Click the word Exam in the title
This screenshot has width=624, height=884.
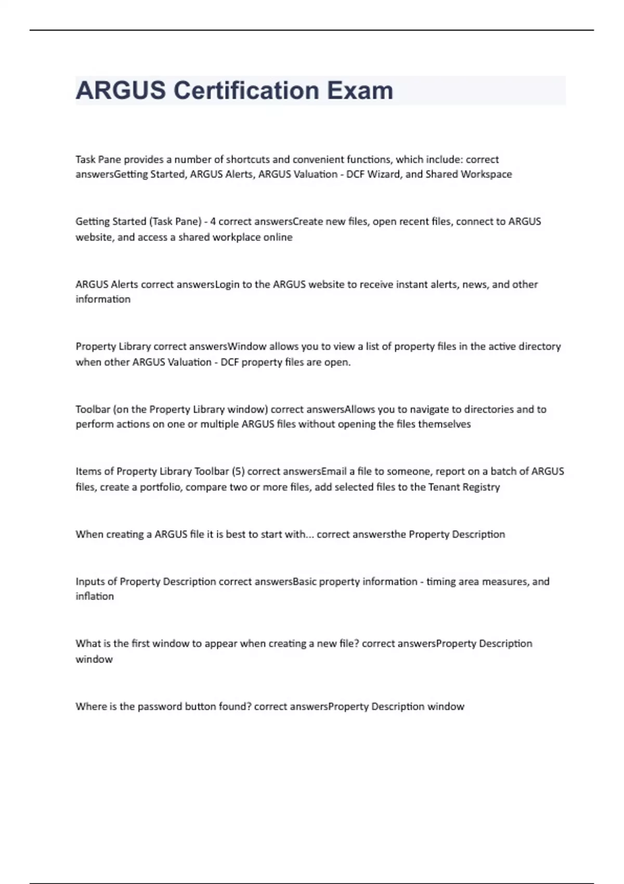[360, 90]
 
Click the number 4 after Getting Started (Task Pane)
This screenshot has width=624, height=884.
[213, 222]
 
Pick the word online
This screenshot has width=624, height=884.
[278, 237]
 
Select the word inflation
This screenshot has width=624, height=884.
[95, 596]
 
